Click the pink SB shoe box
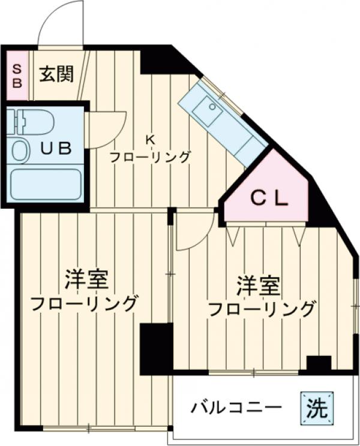click(17, 76)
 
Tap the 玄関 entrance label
click(57, 74)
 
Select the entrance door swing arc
click(60, 24)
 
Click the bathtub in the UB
click(46, 184)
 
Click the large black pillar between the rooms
click(157, 349)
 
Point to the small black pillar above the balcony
click(319, 364)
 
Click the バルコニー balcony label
click(236, 408)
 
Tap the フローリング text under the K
click(150, 157)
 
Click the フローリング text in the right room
click(262, 310)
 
